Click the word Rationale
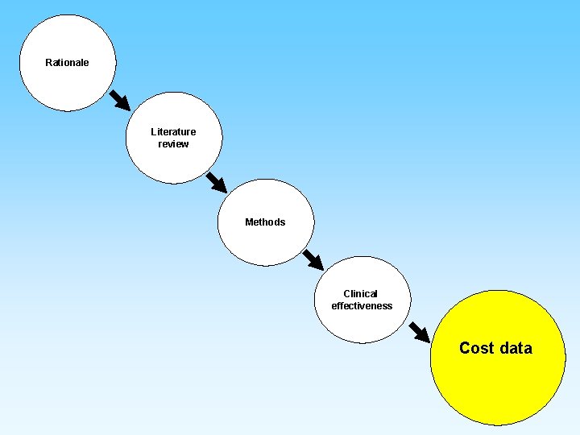(x=67, y=63)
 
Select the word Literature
(x=173, y=132)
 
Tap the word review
(x=173, y=144)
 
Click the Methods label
(x=265, y=222)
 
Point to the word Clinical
(x=360, y=294)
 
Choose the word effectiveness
(x=362, y=306)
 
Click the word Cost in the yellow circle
(x=476, y=348)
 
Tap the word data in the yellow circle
(x=516, y=348)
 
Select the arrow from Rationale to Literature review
(x=119, y=99)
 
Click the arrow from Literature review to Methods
(x=216, y=181)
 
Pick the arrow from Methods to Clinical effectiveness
(x=313, y=259)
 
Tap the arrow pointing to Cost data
(x=419, y=332)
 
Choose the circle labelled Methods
(x=265, y=242)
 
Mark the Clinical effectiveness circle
(x=362, y=322)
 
